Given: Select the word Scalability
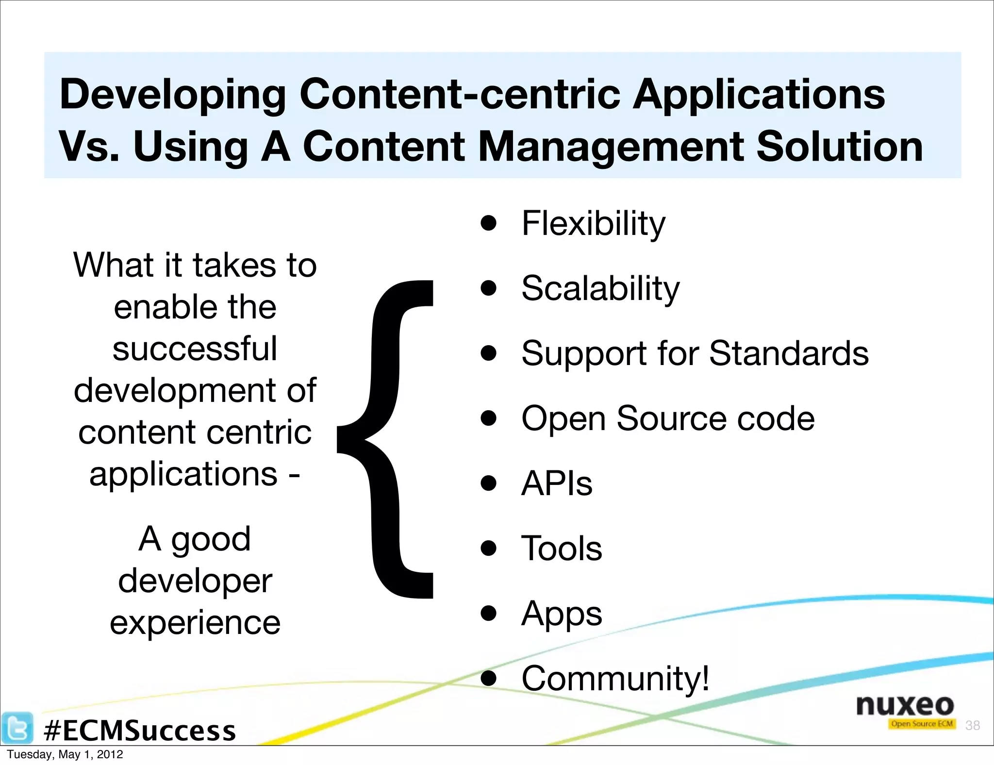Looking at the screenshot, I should coord(600,288).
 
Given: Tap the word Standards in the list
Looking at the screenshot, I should coord(789,353).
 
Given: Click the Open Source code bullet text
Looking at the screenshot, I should coord(668,418).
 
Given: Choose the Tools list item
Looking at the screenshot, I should coord(562,548).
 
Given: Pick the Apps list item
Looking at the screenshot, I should coord(562,614).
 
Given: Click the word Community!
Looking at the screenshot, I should coord(615,678).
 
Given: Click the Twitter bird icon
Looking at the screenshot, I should coord(17,728).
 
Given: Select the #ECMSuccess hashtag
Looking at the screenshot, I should coord(140,731).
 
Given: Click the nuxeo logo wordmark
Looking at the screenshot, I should coord(905,705).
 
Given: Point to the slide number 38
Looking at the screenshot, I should coord(973,725).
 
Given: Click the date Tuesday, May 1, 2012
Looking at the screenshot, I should coord(65,754).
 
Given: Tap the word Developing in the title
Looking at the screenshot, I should coord(172,95).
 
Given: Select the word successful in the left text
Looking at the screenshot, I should coord(195,349).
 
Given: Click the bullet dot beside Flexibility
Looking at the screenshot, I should coord(489,223).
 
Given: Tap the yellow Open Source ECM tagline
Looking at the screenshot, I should coord(922,724).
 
